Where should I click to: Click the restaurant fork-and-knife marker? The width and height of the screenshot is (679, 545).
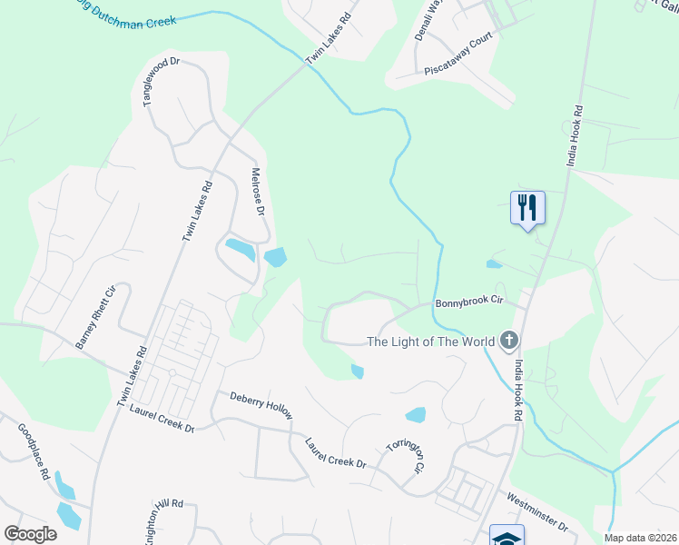[x=527, y=209]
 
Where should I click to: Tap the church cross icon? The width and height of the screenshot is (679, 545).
[x=509, y=342]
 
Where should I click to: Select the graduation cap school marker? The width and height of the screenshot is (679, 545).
[x=507, y=536]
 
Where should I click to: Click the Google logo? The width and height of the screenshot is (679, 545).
[x=30, y=534]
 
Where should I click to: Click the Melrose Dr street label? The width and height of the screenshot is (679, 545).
[x=257, y=190]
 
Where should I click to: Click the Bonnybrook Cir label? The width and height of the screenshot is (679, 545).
[x=469, y=303]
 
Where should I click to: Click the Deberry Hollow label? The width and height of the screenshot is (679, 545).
[x=261, y=405]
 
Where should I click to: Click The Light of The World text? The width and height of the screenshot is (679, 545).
[x=430, y=342]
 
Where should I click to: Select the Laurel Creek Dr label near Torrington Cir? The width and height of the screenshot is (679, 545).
[x=335, y=452]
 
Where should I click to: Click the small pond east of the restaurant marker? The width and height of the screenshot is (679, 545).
[x=494, y=264]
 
